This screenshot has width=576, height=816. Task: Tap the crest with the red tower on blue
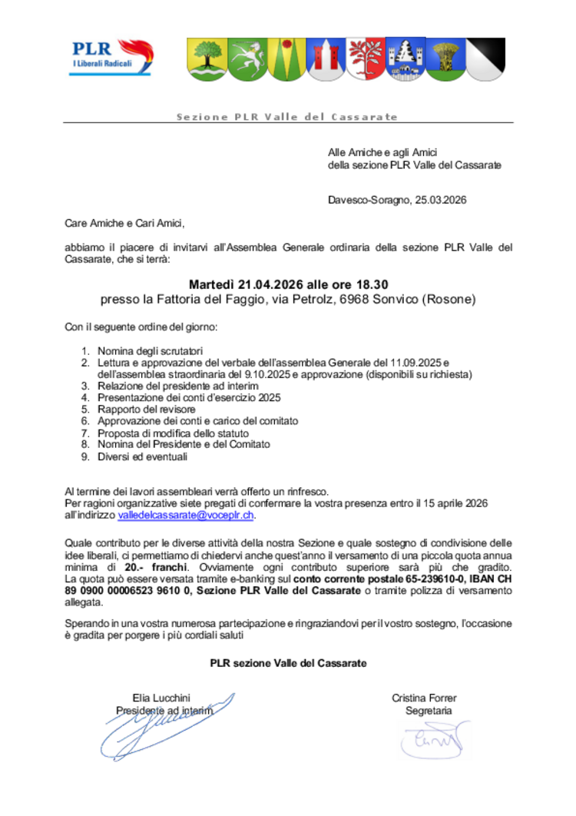click(326, 58)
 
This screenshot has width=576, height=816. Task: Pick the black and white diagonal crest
click(485, 58)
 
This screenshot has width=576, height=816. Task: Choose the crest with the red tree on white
click(366, 58)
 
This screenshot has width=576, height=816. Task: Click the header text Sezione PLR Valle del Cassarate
click(287, 117)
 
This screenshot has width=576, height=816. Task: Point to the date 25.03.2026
click(441, 201)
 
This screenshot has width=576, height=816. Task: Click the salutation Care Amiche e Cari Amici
click(125, 224)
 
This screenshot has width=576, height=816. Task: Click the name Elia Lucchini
click(161, 698)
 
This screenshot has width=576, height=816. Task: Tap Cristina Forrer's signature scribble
click(425, 741)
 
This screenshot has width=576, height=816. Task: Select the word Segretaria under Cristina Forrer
click(429, 711)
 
